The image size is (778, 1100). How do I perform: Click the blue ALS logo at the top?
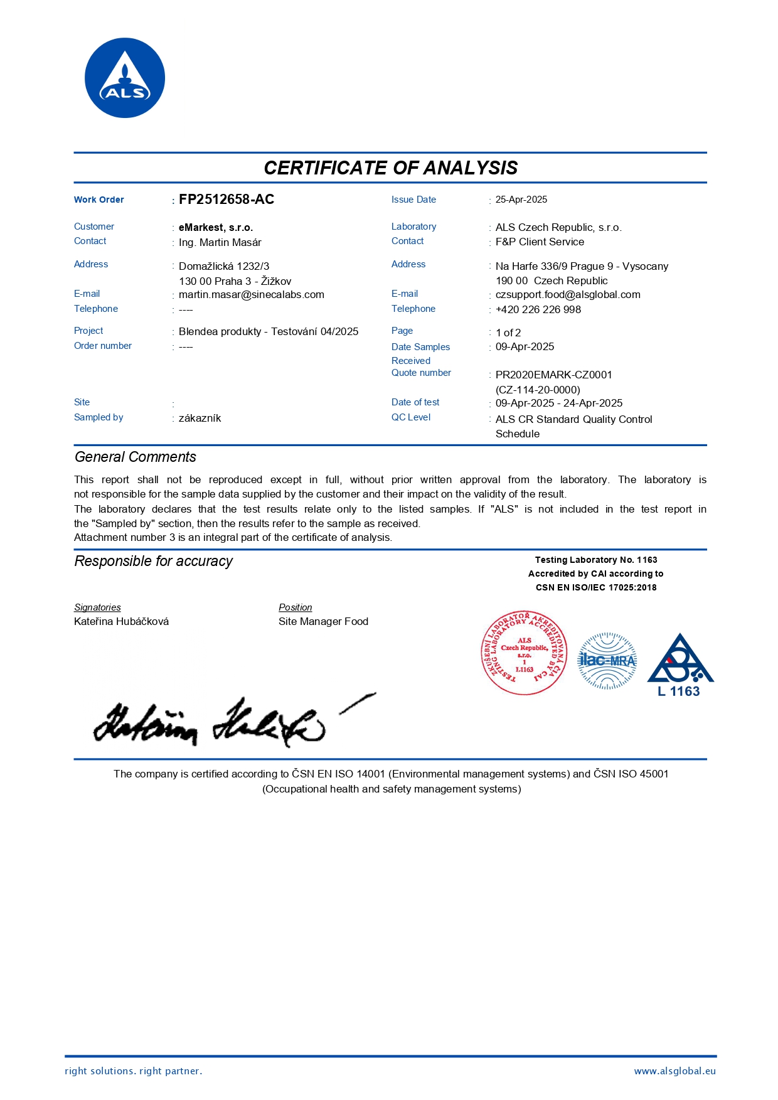click(x=125, y=78)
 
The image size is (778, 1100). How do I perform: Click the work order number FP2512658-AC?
click(x=226, y=200)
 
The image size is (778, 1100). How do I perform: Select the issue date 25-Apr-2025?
click(x=521, y=200)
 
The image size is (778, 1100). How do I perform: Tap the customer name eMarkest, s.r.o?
click(x=216, y=227)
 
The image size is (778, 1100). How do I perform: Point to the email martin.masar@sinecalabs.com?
click(x=252, y=294)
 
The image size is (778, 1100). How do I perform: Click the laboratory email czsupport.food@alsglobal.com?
click(x=568, y=294)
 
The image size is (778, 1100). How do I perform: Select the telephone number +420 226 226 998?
click(x=538, y=309)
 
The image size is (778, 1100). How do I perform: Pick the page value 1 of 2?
click(x=508, y=333)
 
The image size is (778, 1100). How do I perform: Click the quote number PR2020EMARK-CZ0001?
click(x=554, y=375)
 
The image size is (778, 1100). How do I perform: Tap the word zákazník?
click(x=200, y=418)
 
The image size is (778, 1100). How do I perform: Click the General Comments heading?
click(x=136, y=457)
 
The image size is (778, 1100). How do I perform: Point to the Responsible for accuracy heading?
click(x=154, y=561)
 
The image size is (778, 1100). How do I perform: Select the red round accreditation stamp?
click(x=524, y=654)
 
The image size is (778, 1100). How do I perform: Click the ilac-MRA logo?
click(x=607, y=660)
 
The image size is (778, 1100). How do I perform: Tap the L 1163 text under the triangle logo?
click(x=679, y=692)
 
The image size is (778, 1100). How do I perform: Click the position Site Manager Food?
click(x=323, y=621)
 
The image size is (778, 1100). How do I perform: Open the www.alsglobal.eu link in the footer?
click(x=674, y=1071)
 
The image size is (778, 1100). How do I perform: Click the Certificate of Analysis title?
click(x=390, y=168)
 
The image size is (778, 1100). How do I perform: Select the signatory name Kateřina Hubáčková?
click(x=122, y=621)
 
